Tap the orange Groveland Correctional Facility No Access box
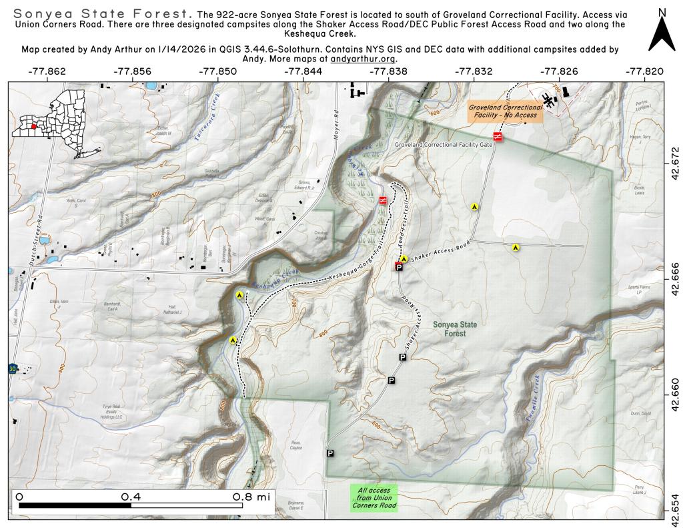504,111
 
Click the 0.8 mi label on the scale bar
251,497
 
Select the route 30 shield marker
13,368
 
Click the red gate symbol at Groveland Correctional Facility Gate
497,137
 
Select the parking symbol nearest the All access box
329,453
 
